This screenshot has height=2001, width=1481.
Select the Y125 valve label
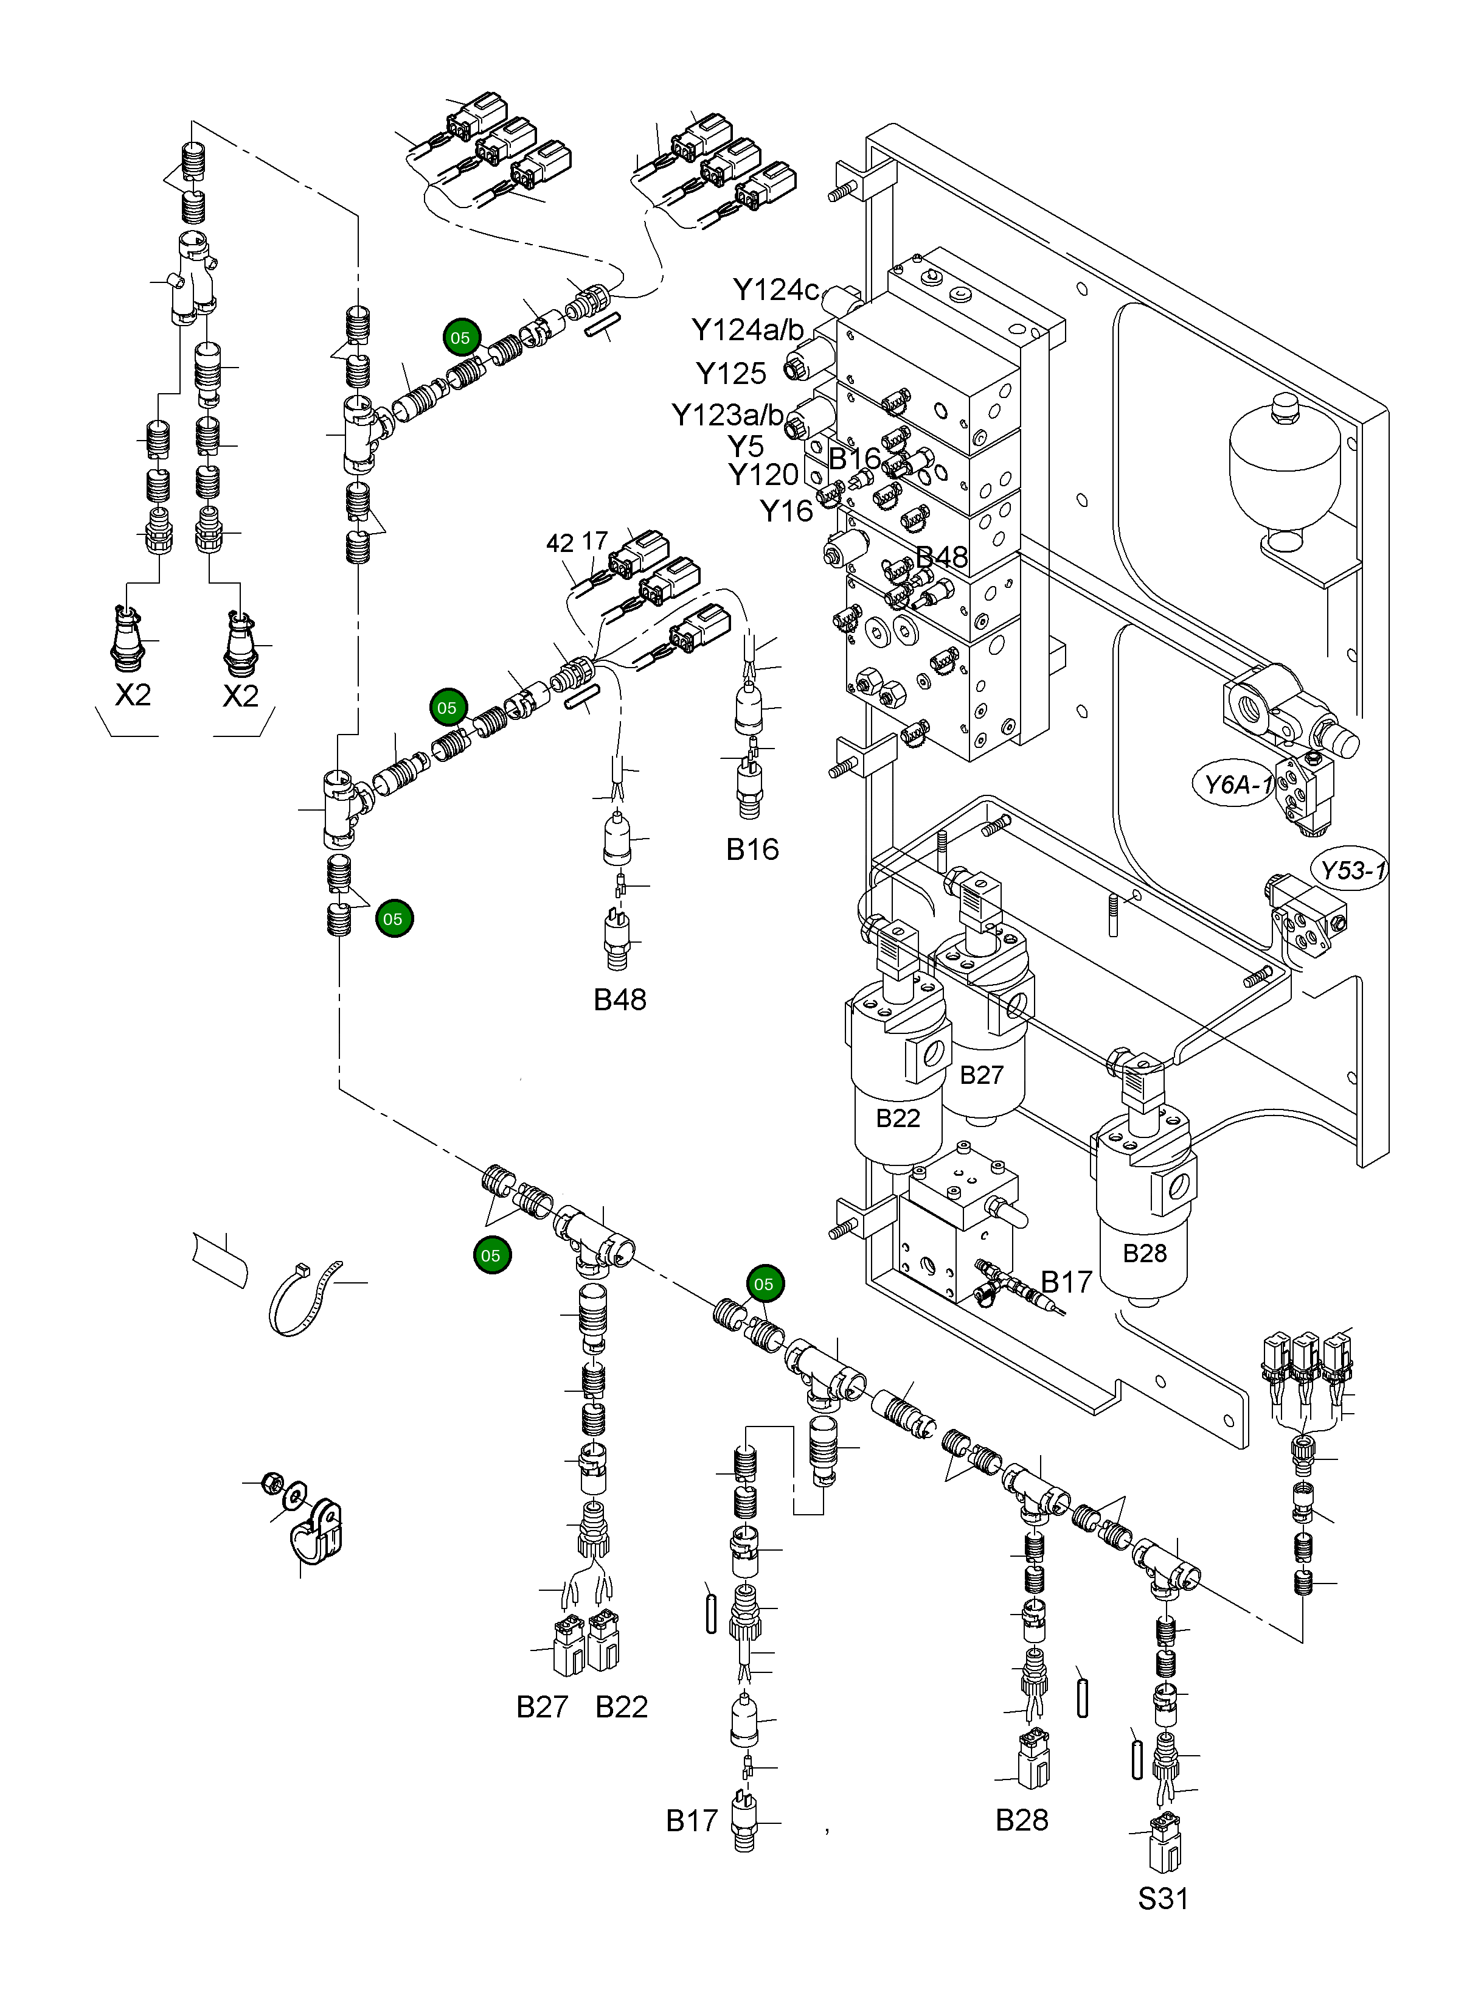click(x=730, y=373)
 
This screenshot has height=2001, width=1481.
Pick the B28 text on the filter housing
click(x=1145, y=1253)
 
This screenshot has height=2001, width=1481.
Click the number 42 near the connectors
click(x=560, y=543)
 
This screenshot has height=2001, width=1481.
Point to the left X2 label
click(x=133, y=695)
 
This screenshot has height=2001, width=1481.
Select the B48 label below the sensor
click(x=620, y=999)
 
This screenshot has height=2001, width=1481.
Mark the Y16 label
click(x=786, y=511)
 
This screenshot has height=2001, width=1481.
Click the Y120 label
click(x=763, y=475)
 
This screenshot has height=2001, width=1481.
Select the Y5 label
click(x=745, y=445)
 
